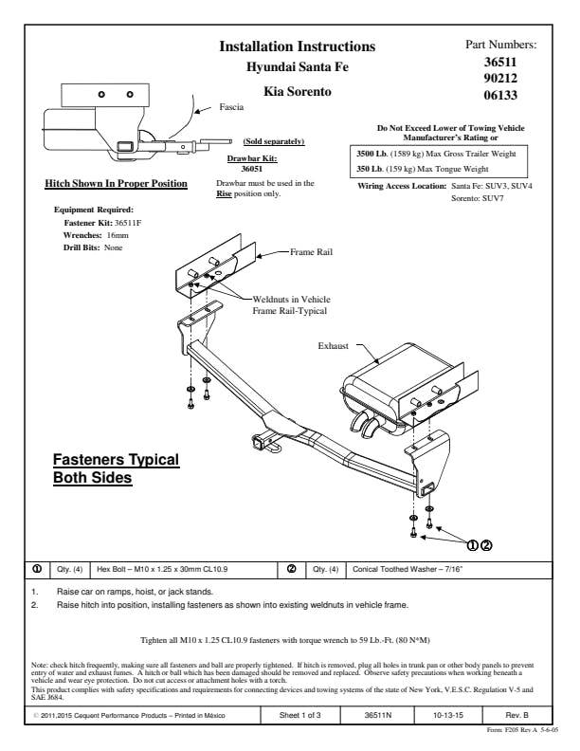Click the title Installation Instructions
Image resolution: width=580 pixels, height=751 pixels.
pos(297,46)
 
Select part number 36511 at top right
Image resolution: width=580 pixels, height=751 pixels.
pos(500,62)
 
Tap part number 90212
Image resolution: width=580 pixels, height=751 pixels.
pos(500,79)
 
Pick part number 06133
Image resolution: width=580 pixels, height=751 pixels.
pos(500,95)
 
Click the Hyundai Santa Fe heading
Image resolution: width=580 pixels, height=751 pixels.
pos(297,67)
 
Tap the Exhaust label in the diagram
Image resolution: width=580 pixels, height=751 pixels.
pos(334,347)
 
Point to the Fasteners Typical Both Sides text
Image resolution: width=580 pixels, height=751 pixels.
pos(115,469)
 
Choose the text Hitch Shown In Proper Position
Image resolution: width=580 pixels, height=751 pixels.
pos(117,183)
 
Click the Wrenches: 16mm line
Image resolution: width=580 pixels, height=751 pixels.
pos(96,234)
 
